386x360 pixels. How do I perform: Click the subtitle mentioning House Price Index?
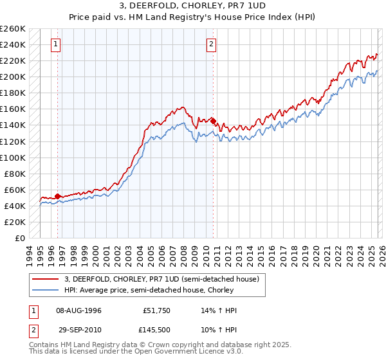pos(192,16)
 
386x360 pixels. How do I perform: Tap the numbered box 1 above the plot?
pos(57,44)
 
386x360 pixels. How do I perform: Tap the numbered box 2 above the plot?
pos(211,44)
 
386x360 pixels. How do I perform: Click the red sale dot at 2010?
pos(213,120)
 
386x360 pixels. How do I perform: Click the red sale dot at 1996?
pos(58,196)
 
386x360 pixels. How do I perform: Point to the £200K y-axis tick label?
pos(13,76)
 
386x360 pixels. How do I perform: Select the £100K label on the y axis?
pos(13,157)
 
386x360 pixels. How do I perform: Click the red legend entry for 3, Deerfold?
pos(161,279)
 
